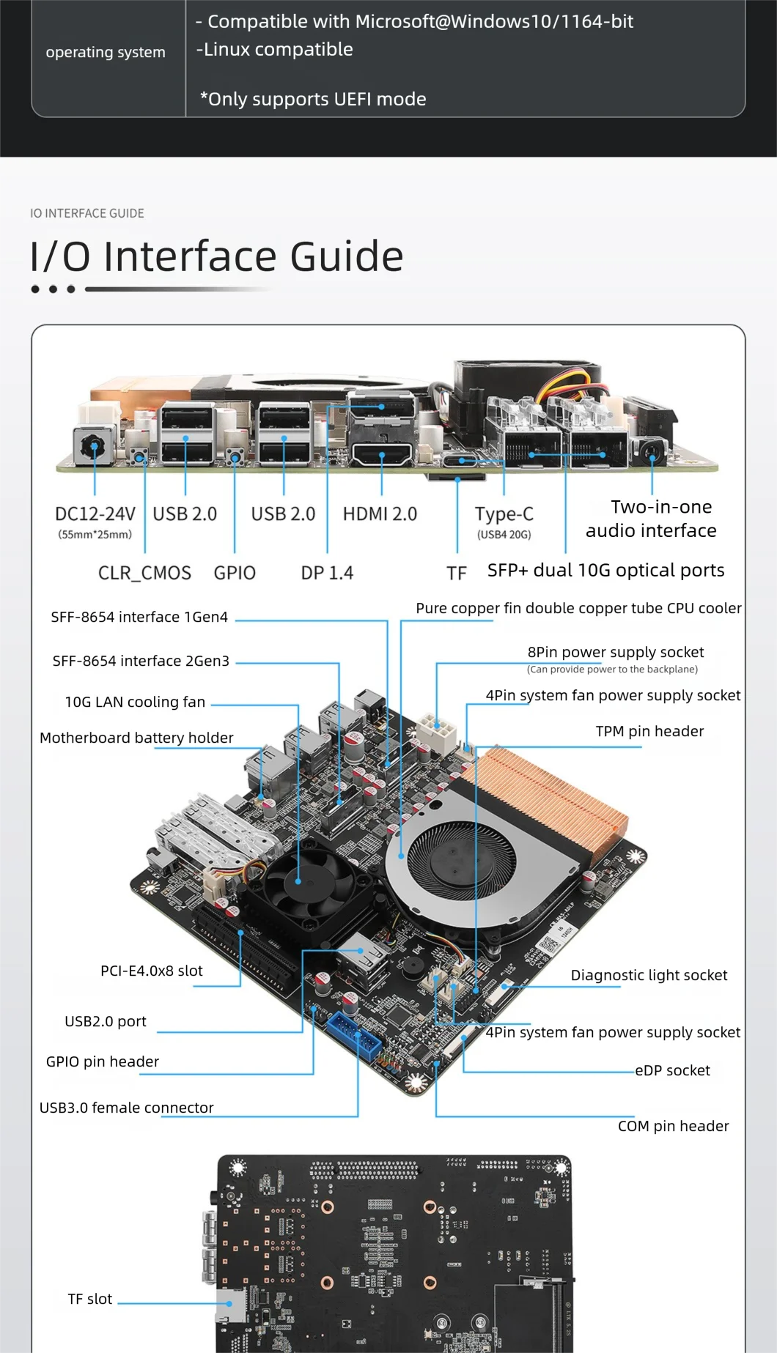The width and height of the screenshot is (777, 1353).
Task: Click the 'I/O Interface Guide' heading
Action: pyautogui.click(x=217, y=256)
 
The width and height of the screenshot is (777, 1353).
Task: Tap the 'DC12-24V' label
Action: pyautogui.click(x=95, y=514)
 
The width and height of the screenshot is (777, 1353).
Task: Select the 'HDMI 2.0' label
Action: pyautogui.click(x=380, y=514)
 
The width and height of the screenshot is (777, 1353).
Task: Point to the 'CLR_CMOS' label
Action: pyautogui.click(x=144, y=573)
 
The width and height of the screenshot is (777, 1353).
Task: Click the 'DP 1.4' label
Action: pyautogui.click(x=327, y=573)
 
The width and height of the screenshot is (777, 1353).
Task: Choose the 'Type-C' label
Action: pyautogui.click(x=504, y=514)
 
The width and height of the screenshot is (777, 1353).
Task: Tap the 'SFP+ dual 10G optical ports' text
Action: pyautogui.click(x=605, y=571)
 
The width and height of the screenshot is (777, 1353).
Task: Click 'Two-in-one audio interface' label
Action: pyautogui.click(x=651, y=519)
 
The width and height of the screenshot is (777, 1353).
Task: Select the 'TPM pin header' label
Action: pyautogui.click(x=649, y=731)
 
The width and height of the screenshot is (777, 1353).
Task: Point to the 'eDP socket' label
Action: pyautogui.click(x=672, y=1070)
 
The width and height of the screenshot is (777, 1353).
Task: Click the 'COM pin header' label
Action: pyautogui.click(x=673, y=1126)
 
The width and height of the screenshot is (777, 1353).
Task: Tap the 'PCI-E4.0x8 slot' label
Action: pyautogui.click(x=152, y=971)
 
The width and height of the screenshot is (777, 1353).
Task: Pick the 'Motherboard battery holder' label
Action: pyautogui.click(x=136, y=738)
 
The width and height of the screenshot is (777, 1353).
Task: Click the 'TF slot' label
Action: pyautogui.click(x=90, y=1299)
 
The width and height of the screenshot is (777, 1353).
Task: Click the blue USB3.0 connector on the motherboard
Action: pyautogui.click(x=355, y=1034)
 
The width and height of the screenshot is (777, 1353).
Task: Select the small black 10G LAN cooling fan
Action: pyautogui.click(x=299, y=879)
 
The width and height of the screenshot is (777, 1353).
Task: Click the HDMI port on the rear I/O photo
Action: pyautogui.click(x=382, y=454)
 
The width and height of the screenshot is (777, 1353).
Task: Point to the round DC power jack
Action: pyautogui.click(x=94, y=445)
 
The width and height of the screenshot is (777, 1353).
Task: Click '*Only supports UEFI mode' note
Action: pyautogui.click(x=313, y=99)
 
